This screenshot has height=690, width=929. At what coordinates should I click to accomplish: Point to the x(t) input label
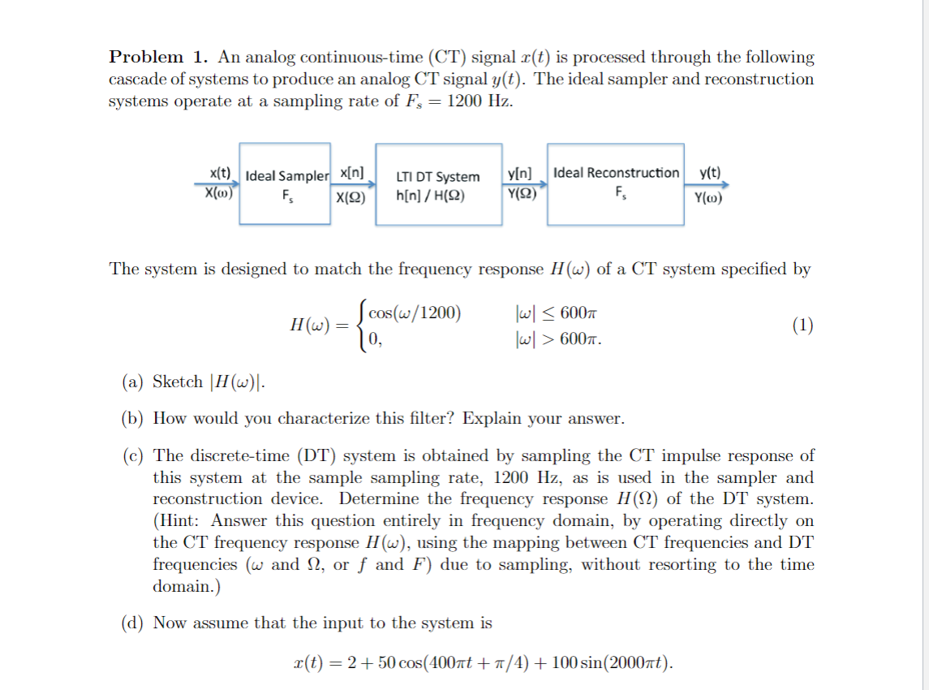coord(220,174)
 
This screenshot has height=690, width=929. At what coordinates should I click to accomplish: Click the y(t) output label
coord(709,173)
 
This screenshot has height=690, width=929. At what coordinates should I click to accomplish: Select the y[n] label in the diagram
coord(519,173)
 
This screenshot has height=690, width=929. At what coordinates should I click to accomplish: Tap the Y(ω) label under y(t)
coord(708,196)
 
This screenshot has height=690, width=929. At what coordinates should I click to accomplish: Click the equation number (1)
coord(803,326)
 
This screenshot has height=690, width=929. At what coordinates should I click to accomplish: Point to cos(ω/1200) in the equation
coord(414,313)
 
